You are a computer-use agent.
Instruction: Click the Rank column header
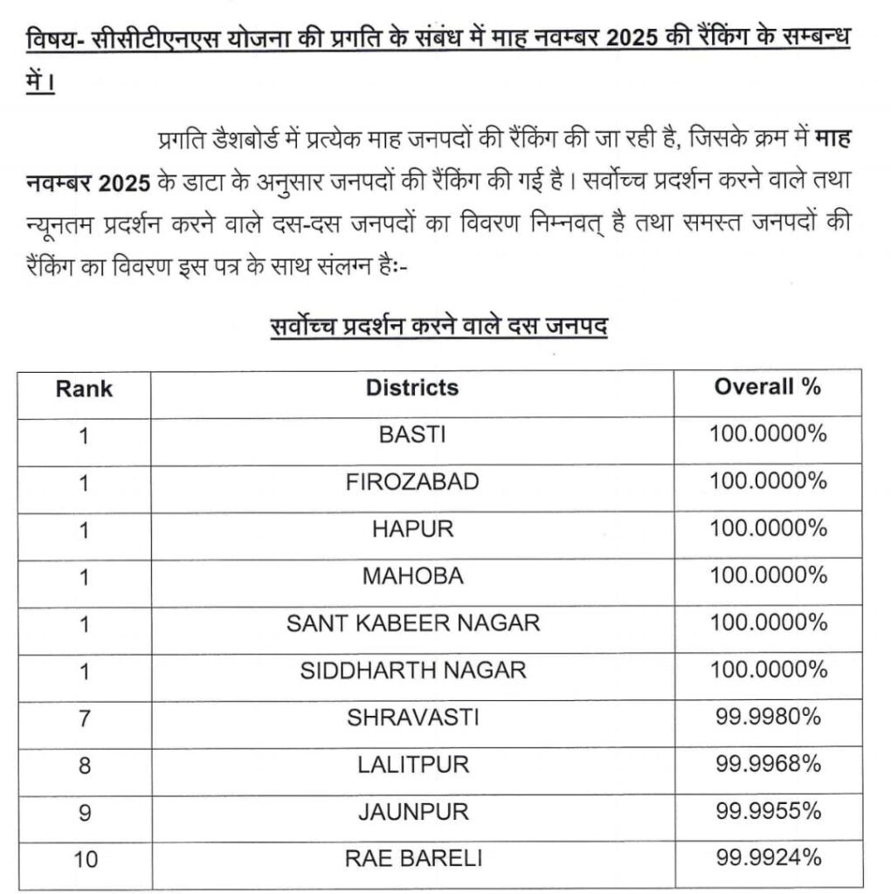click(84, 388)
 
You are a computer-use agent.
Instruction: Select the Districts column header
click(412, 388)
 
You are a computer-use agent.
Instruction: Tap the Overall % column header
click(768, 387)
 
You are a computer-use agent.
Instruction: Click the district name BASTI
click(412, 435)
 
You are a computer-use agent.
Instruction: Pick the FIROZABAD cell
click(412, 482)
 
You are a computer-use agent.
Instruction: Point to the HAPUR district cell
click(412, 529)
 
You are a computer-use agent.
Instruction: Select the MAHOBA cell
click(412, 576)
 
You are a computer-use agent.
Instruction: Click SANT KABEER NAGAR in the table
click(412, 623)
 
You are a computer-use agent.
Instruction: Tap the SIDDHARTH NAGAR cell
click(412, 670)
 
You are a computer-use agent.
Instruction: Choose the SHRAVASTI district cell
click(412, 718)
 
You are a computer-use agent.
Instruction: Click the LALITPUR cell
click(412, 765)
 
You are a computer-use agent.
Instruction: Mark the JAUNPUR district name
click(412, 812)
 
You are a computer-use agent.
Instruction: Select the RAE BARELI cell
click(412, 859)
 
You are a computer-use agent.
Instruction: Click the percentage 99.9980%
click(768, 718)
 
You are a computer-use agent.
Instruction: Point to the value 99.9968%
click(768, 765)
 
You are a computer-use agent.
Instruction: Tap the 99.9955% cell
click(768, 812)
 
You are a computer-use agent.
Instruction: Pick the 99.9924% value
click(768, 859)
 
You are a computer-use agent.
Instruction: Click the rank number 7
click(84, 718)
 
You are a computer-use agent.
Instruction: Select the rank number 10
click(86, 859)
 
